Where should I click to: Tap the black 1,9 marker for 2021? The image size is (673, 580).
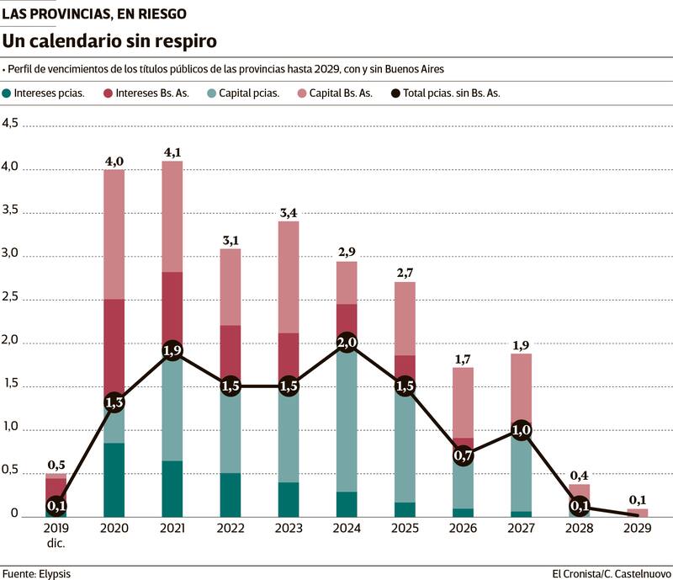coord(172,351)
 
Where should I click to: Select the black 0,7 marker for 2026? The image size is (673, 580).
coord(464,455)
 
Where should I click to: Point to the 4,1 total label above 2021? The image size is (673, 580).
coord(172,152)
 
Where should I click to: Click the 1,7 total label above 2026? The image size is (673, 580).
coord(464,359)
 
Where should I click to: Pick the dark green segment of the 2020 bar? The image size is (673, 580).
coord(114,480)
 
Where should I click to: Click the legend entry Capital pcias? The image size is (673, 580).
coord(250,93)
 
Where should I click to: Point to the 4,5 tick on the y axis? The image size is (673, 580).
coord(10,124)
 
